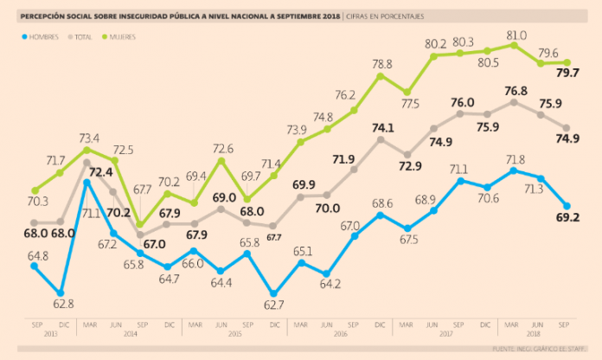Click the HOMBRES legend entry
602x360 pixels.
(x=44, y=36)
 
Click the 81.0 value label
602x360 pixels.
(x=516, y=35)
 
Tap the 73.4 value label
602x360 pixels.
(x=88, y=138)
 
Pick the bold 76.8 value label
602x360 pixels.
(x=516, y=89)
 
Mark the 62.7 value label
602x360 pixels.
(x=275, y=305)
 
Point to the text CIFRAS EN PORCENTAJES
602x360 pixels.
(x=389, y=16)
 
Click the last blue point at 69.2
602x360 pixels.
(x=567, y=206)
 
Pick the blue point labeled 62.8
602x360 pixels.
(x=61, y=292)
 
